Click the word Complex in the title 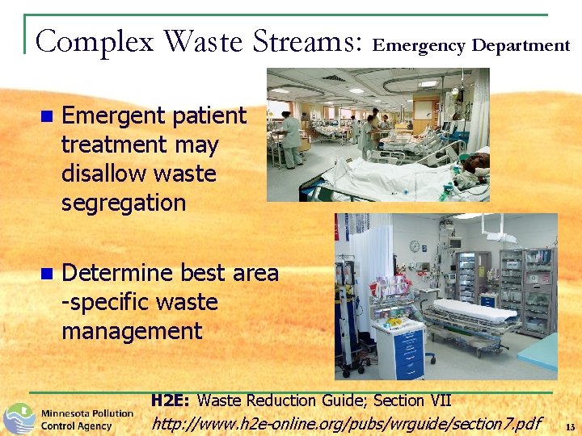tap(95, 40)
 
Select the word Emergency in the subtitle tap(419, 45)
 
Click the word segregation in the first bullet tap(124, 203)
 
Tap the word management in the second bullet tap(132, 331)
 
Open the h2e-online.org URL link tap(347, 422)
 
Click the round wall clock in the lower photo tap(415, 246)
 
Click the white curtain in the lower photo tap(356, 283)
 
